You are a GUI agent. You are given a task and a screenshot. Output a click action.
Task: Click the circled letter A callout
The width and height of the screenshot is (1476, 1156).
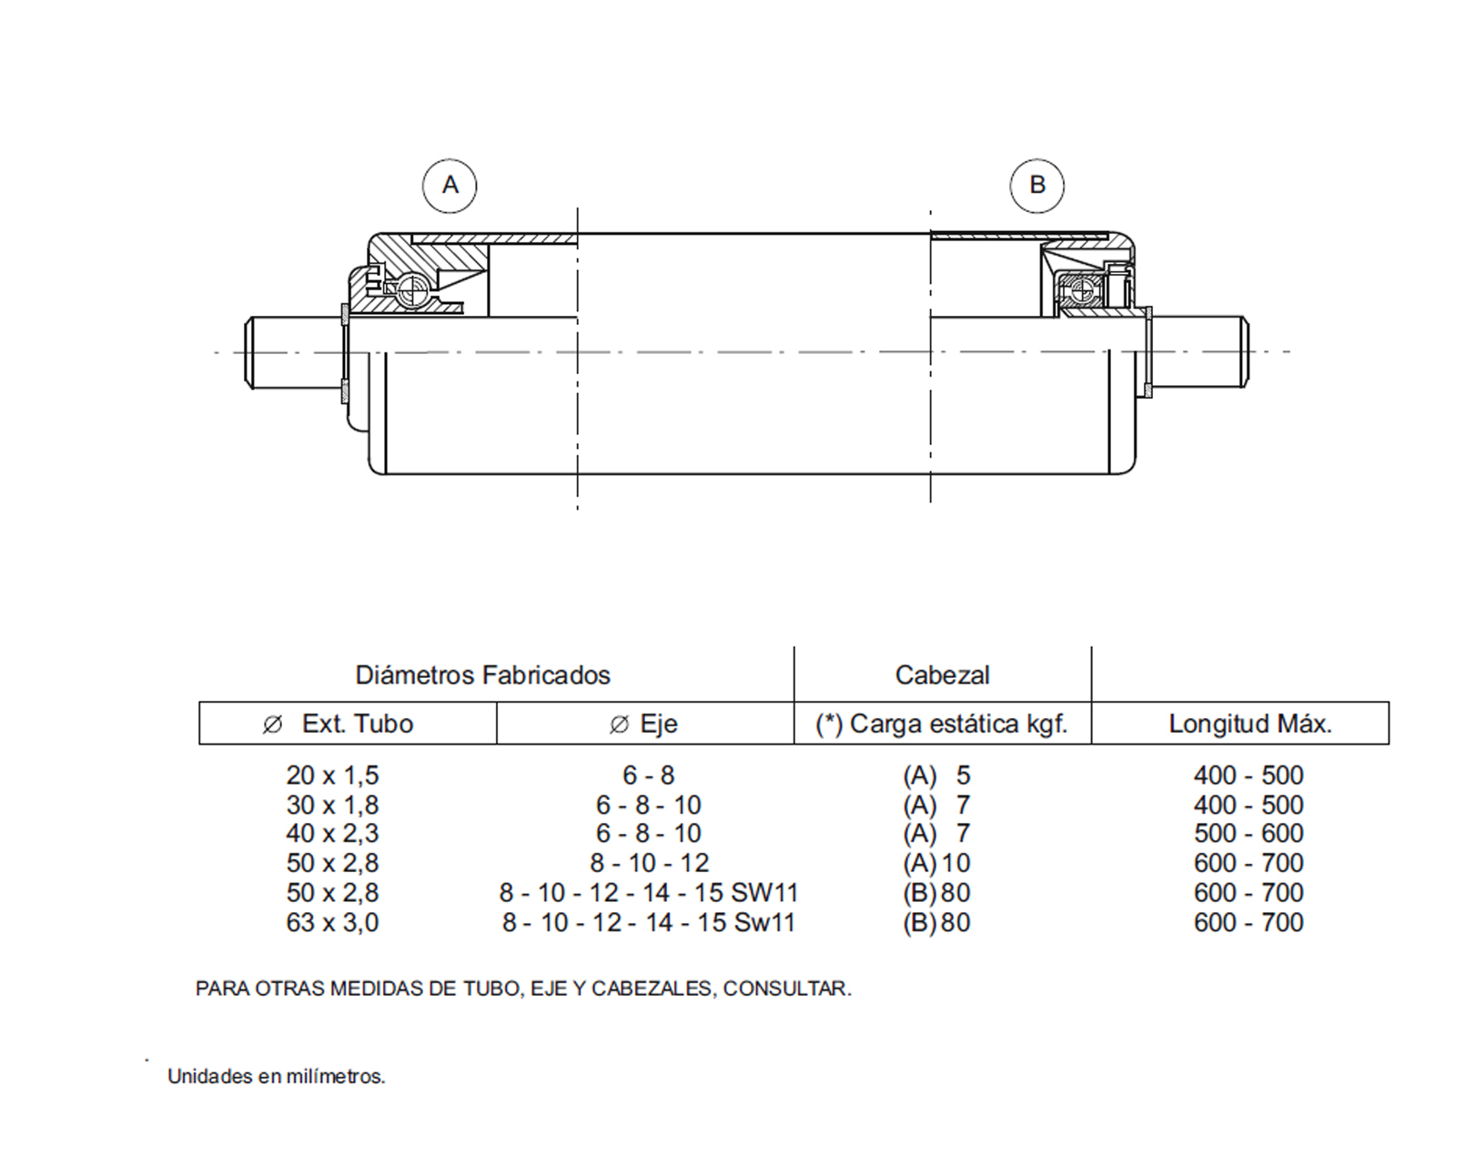tap(450, 186)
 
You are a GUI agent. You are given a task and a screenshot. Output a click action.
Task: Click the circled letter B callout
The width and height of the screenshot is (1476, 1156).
tap(1036, 186)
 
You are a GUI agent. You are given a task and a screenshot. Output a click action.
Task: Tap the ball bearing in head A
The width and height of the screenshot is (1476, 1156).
tap(412, 291)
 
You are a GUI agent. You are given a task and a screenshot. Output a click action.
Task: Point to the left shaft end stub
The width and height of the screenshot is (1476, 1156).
tap(293, 352)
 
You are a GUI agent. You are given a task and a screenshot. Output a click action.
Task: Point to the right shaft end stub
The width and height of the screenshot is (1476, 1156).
tap(1199, 352)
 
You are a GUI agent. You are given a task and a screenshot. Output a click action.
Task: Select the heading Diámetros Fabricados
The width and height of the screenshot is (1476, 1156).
tap(482, 675)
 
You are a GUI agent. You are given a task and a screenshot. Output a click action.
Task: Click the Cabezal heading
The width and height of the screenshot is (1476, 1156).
tap(942, 675)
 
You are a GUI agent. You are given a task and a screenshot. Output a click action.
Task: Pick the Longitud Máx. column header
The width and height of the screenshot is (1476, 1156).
tap(1249, 724)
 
